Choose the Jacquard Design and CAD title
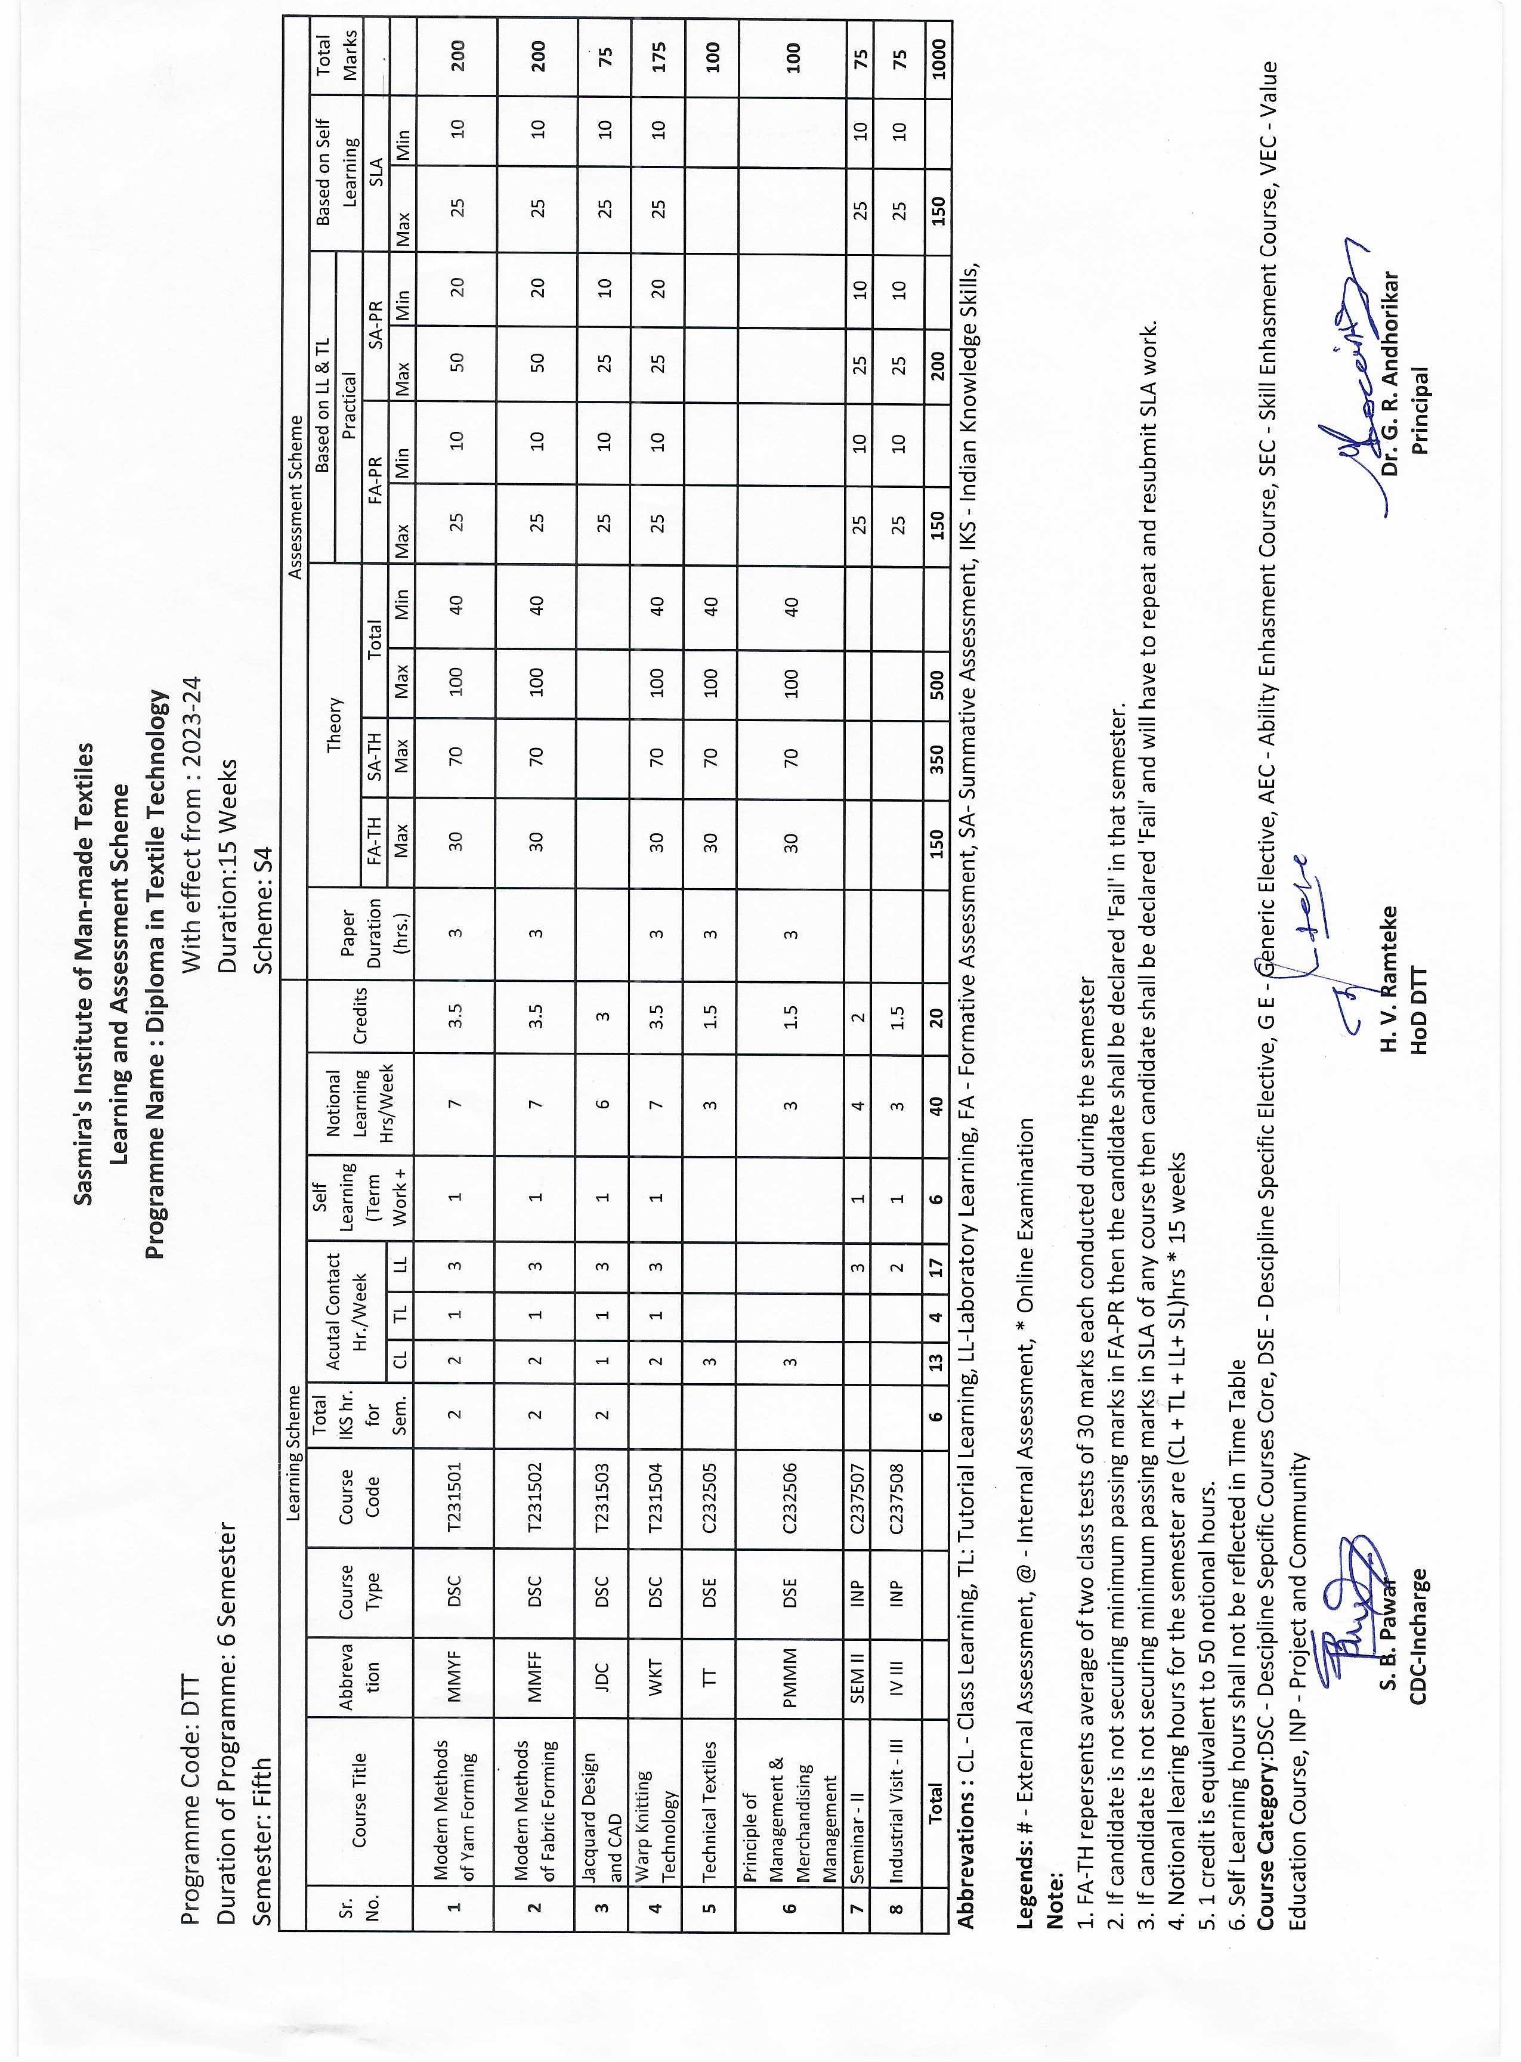pos(602,1797)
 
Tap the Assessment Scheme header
pos(295,497)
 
